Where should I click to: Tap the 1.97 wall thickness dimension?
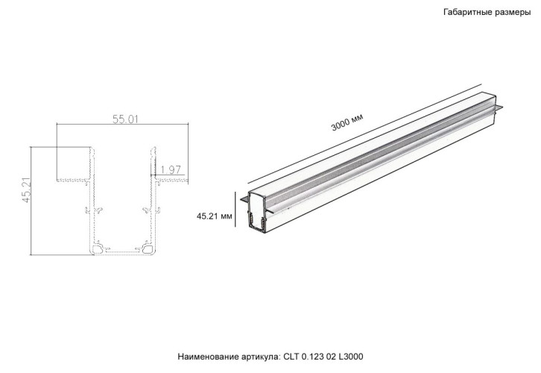(171, 171)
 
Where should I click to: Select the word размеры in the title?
(510, 13)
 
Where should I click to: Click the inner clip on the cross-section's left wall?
(95, 210)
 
